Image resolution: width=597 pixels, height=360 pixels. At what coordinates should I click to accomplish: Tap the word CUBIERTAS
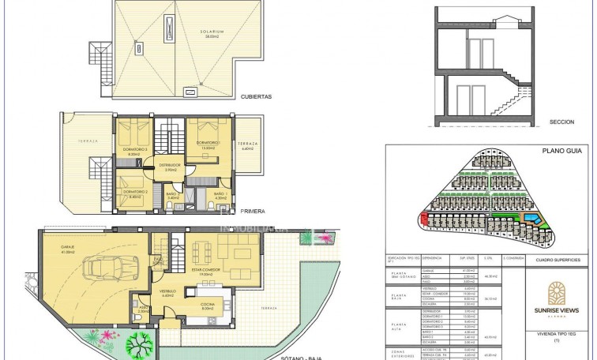(257, 96)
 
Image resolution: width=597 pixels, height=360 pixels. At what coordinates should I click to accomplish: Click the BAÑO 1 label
(220, 194)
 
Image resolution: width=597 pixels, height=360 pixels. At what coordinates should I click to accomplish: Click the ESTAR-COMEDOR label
(207, 268)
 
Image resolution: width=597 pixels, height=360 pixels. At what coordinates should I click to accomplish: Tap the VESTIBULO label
(167, 292)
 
